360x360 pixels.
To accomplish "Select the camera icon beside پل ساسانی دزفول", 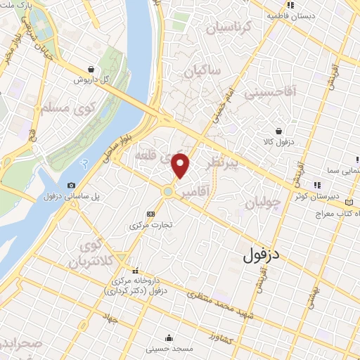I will point(71,186).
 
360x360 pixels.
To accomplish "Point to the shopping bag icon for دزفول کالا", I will point(279,130).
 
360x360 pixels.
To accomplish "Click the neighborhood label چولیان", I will point(264,204).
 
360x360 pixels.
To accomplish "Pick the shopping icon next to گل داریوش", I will point(92,69).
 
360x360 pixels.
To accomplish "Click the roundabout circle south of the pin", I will point(169,191).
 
